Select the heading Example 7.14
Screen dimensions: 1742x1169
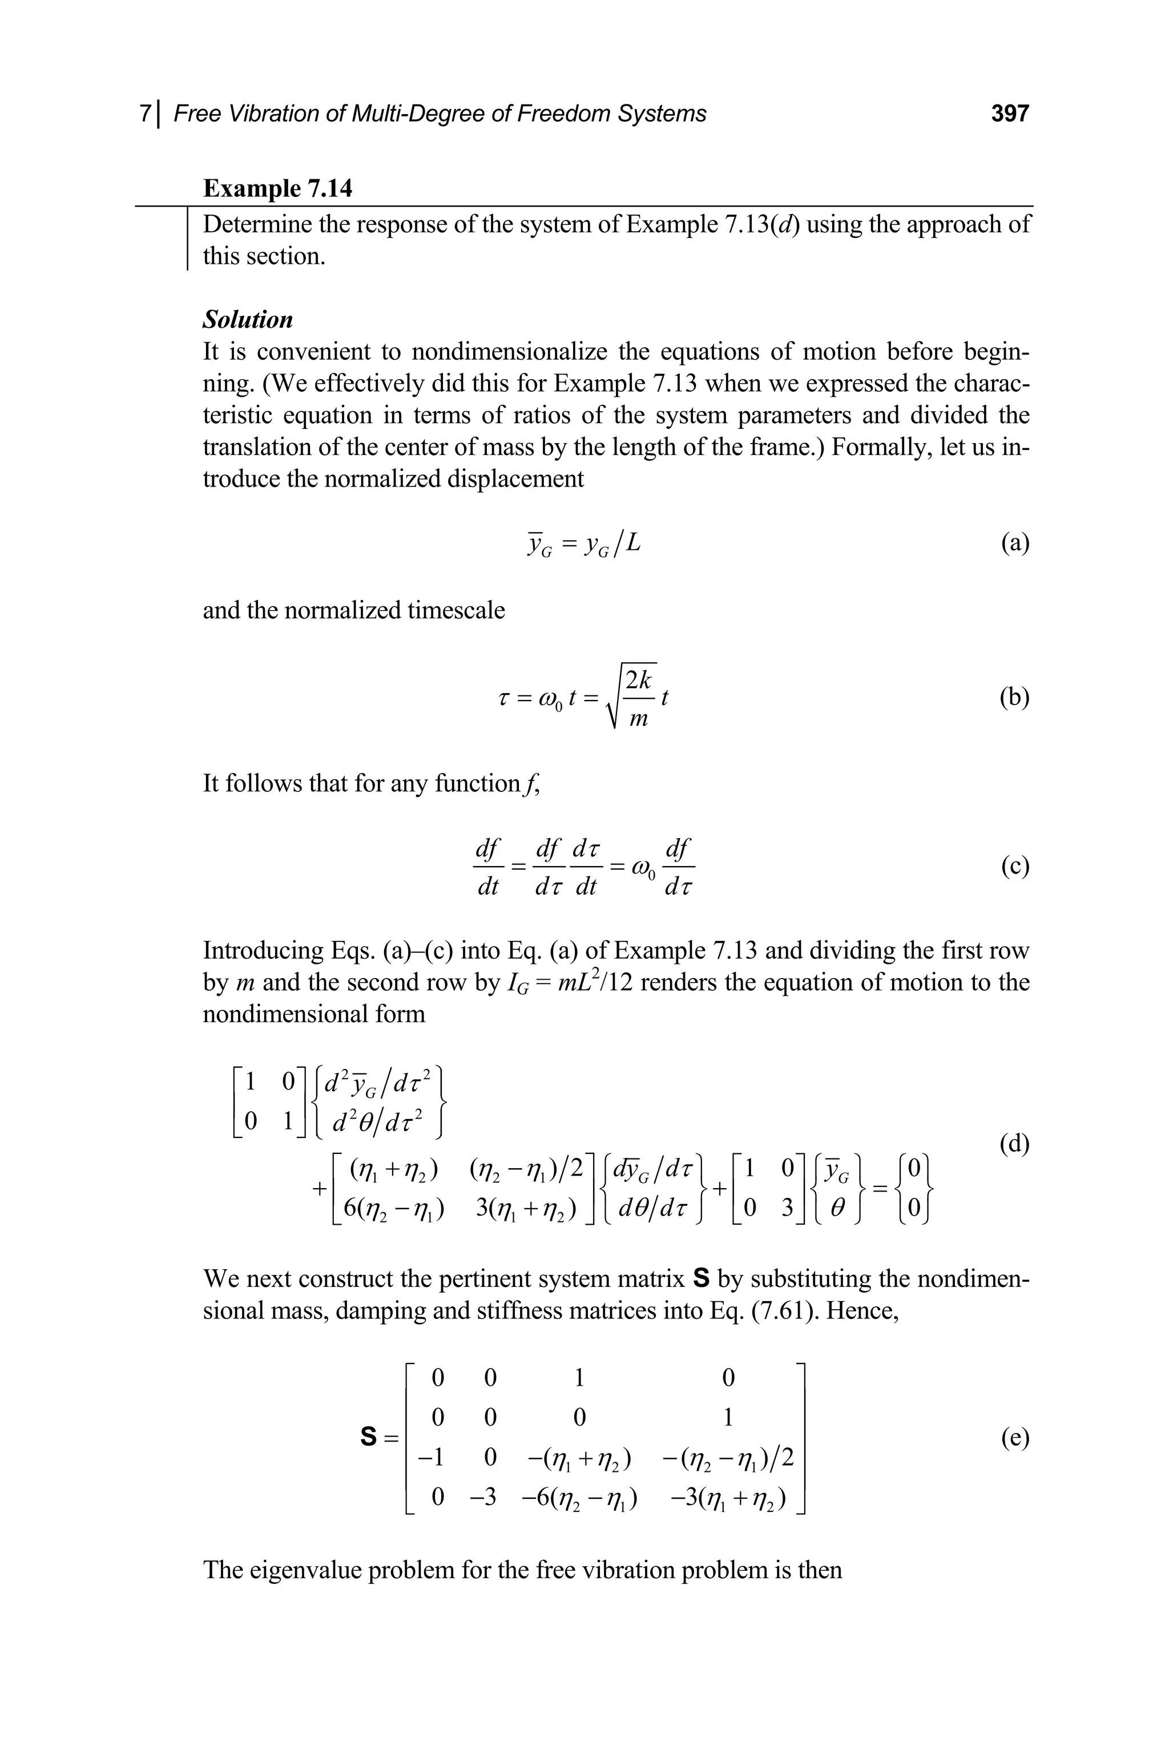point(277,188)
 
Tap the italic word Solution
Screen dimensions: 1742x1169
point(248,319)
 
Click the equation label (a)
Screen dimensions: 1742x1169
point(1015,543)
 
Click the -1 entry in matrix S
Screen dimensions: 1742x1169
point(430,1457)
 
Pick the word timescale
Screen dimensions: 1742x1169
point(455,610)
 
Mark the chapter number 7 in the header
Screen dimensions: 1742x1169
point(146,114)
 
